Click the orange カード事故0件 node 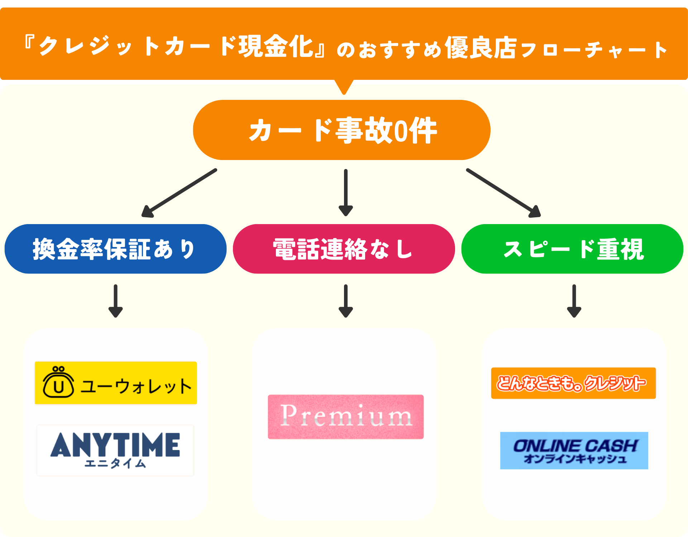click(341, 130)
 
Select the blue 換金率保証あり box click(115, 249)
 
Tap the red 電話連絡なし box click(344, 249)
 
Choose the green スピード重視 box click(572, 249)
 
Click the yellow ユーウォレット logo click(116, 383)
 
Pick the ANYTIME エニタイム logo click(115, 450)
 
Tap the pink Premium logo click(346, 417)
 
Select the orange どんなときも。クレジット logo click(573, 383)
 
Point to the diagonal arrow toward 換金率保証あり click(179, 193)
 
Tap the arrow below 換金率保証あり click(115, 301)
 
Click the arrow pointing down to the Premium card click(346, 301)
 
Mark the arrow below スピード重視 click(574, 301)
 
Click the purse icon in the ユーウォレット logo click(58, 382)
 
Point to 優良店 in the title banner click(480, 48)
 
